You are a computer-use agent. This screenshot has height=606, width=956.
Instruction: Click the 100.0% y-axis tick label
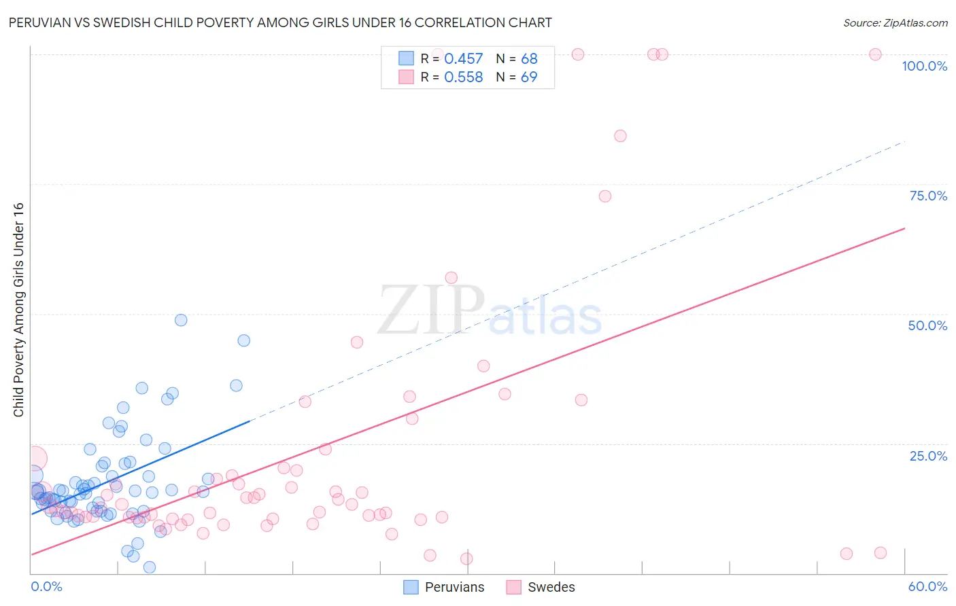[924, 66]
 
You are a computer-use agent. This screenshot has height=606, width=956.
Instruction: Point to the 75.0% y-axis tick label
[928, 196]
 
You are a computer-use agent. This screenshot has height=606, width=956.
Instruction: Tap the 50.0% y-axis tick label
[927, 325]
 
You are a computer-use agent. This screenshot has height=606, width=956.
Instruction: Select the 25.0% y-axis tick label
[928, 456]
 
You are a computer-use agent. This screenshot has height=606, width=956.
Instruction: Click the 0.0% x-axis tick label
[46, 586]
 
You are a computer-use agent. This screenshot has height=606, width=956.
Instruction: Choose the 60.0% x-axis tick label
[927, 586]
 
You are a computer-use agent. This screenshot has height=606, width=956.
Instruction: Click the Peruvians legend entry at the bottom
[445, 587]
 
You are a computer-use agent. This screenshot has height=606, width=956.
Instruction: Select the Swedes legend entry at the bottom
[541, 587]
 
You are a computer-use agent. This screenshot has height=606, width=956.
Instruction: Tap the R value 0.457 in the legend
[463, 59]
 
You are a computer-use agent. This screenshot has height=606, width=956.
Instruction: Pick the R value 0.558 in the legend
[463, 77]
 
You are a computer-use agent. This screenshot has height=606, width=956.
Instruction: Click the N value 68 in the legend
[529, 59]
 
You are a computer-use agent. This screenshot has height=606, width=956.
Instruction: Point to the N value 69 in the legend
[529, 77]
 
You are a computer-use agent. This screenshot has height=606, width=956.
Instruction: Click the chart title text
[280, 22]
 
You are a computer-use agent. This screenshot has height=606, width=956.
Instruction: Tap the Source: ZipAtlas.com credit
[895, 22]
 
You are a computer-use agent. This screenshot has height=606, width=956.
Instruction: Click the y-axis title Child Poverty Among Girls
[18, 310]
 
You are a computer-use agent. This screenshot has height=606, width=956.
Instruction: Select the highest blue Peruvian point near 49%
[181, 320]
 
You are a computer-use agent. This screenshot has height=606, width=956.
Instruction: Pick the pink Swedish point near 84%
[620, 136]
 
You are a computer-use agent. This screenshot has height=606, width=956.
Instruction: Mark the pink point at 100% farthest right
[876, 54]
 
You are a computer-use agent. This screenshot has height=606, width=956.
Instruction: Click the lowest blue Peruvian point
[150, 567]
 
